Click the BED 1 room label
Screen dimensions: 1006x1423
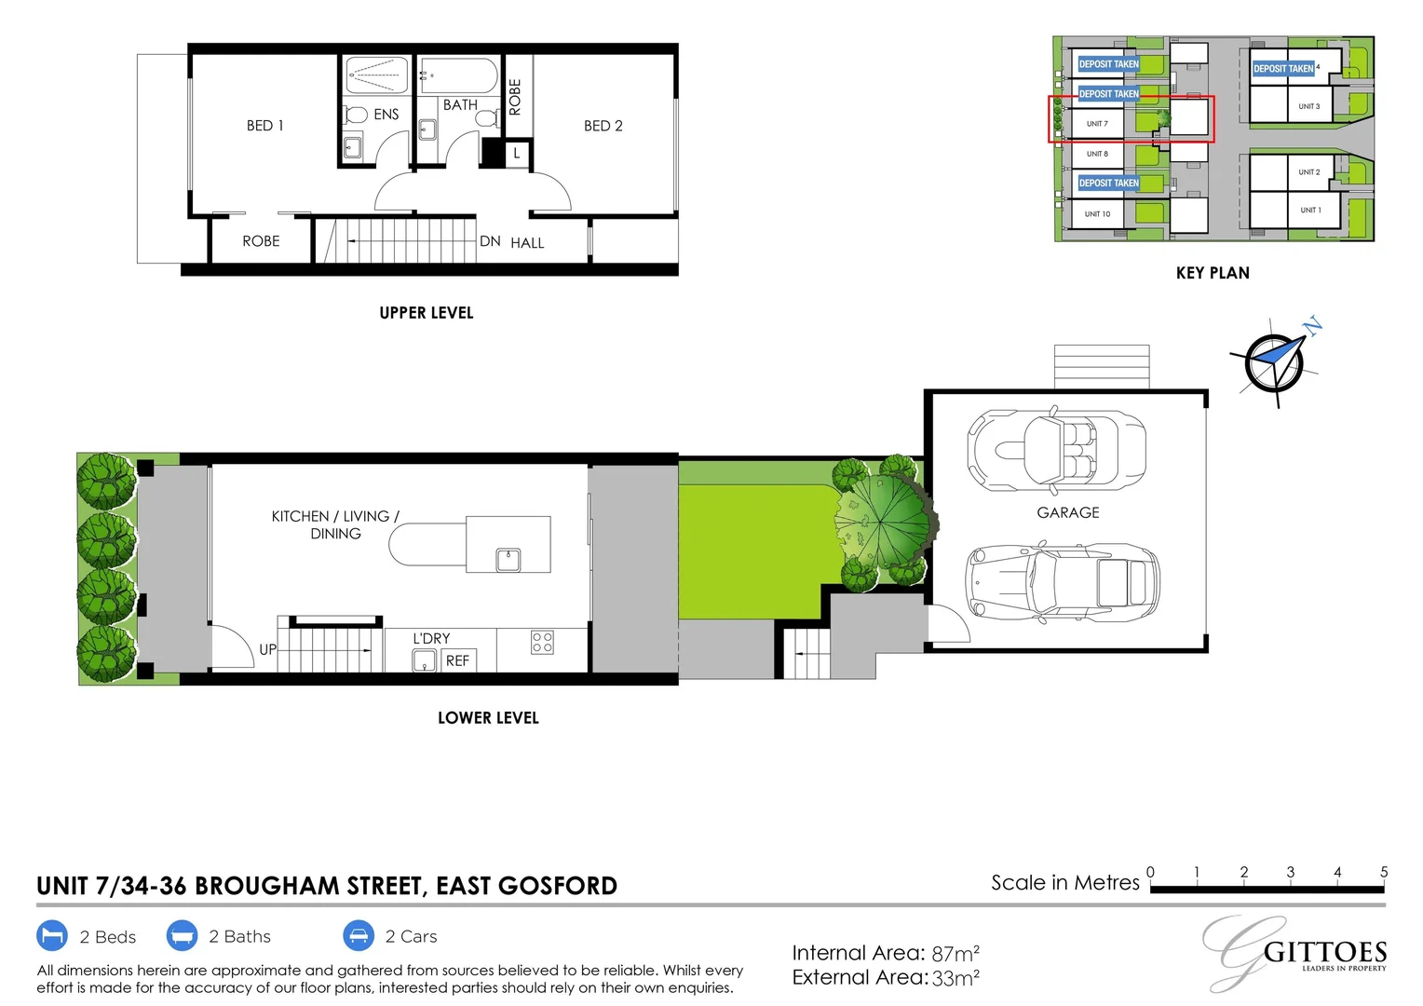point(264,126)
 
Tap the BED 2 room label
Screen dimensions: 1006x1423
point(603,126)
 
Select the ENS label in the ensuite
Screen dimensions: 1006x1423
point(386,115)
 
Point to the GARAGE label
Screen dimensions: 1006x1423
point(1067,512)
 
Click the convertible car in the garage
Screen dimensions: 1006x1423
point(1056,450)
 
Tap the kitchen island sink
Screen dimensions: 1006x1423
point(508,559)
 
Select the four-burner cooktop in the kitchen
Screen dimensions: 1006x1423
point(542,642)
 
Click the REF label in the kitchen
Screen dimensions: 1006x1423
point(457,660)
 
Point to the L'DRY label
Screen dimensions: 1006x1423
point(431,638)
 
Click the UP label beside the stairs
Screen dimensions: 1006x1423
point(267,649)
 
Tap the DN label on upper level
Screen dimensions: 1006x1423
point(490,241)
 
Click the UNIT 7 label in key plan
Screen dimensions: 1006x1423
point(1097,124)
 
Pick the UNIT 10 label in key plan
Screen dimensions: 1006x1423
point(1097,214)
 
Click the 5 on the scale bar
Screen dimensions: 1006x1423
point(1383,872)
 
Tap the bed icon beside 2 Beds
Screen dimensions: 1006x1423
point(52,935)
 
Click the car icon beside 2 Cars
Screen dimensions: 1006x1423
point(358,935)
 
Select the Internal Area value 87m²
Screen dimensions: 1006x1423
point(955,954)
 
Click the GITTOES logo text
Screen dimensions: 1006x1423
point(1324,953)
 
